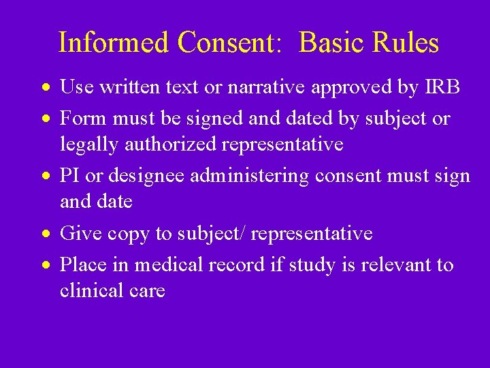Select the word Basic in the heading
click(x=330, y=42)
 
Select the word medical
click(x=169, y=264)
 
